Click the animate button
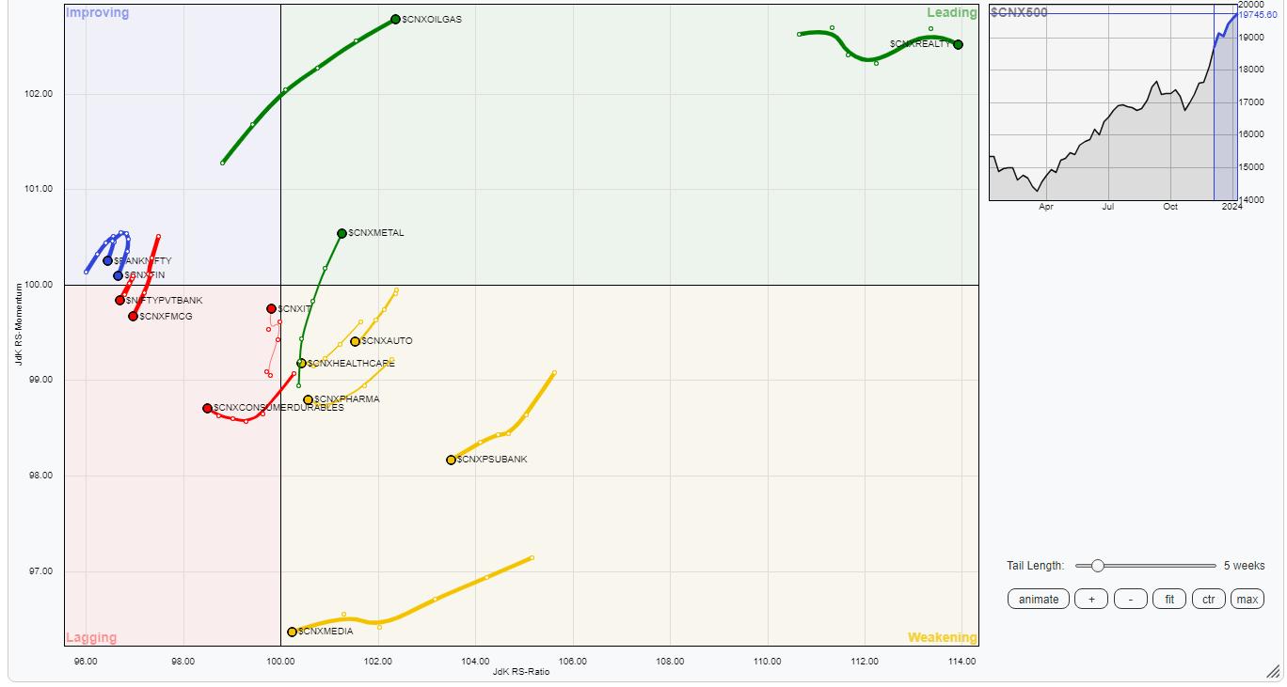[1039, 600]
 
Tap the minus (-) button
[1131, 600]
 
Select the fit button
[1169, 600]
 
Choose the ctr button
[1208, 600]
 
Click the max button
[1247, 600]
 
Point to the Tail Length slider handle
[1097, 566]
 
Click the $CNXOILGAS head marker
[396, 20]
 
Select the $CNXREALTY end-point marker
[958, 44]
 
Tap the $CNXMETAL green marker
[342, 233]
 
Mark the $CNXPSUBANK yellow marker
[452, 460]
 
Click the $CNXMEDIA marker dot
[292, 632]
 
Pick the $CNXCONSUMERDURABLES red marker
[207, 408]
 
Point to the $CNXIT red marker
[271, 308]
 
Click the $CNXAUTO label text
[387, 341]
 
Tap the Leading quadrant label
[951, 13]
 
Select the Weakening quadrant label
[942, 637]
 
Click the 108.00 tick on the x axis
[670, 662]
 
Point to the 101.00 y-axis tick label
[40, 190]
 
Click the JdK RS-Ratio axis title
[520, 672]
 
